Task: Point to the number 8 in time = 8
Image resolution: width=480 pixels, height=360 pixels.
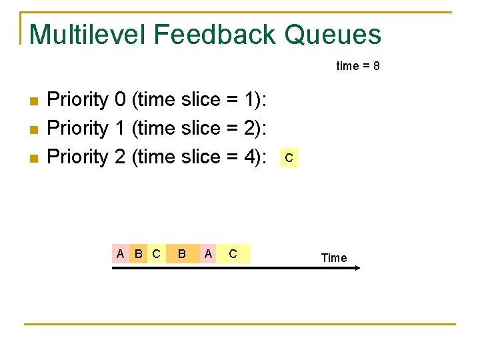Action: coord(377,66)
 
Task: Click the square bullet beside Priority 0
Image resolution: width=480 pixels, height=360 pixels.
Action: coord(35,101)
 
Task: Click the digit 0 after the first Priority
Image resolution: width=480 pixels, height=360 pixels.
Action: coord(120,100)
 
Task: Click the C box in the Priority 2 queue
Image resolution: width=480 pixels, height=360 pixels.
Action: coord(289,159)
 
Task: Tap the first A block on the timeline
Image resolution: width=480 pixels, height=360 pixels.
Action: coord(120,253)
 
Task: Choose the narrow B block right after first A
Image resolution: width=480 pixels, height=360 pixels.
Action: coord(138,253)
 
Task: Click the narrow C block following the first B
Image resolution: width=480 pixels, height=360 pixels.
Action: coord(156,253)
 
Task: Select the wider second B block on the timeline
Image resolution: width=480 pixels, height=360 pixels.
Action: coord(182,253)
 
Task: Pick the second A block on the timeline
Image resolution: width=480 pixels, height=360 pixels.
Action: coord(209,253)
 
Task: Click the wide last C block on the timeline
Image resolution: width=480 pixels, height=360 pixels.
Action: coord(233,253)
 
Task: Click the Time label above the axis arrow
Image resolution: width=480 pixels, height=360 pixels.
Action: coord(334,258)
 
